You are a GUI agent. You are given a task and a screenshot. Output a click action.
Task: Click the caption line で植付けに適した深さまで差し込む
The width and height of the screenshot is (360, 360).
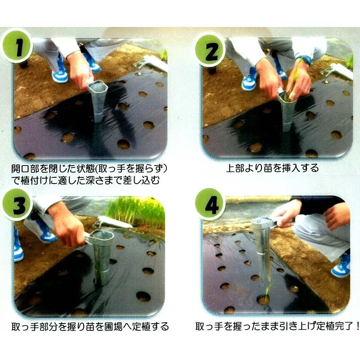(85, 180)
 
